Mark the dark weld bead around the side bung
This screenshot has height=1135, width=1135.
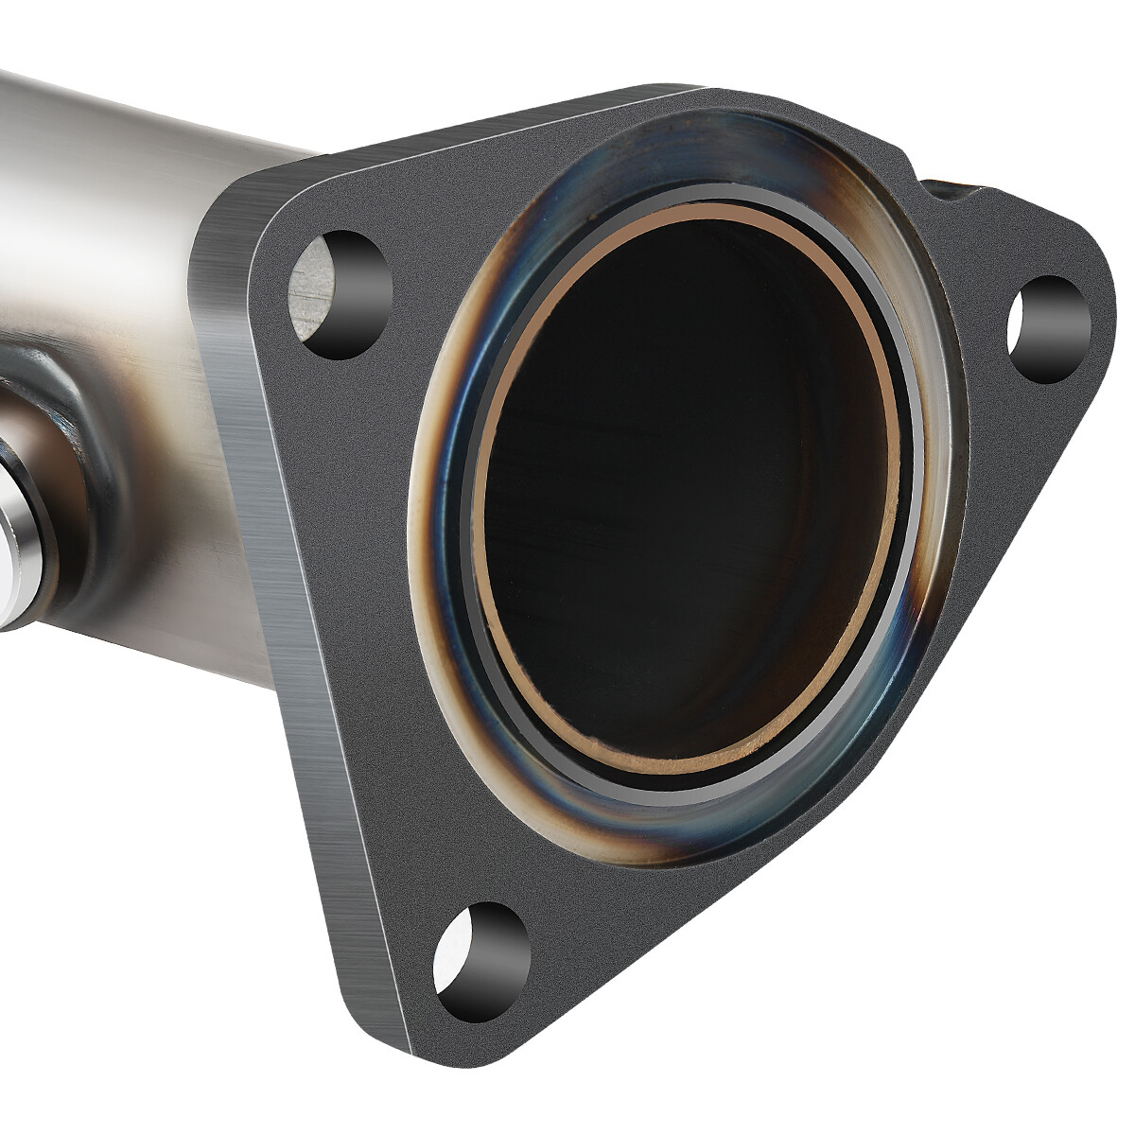71,445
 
